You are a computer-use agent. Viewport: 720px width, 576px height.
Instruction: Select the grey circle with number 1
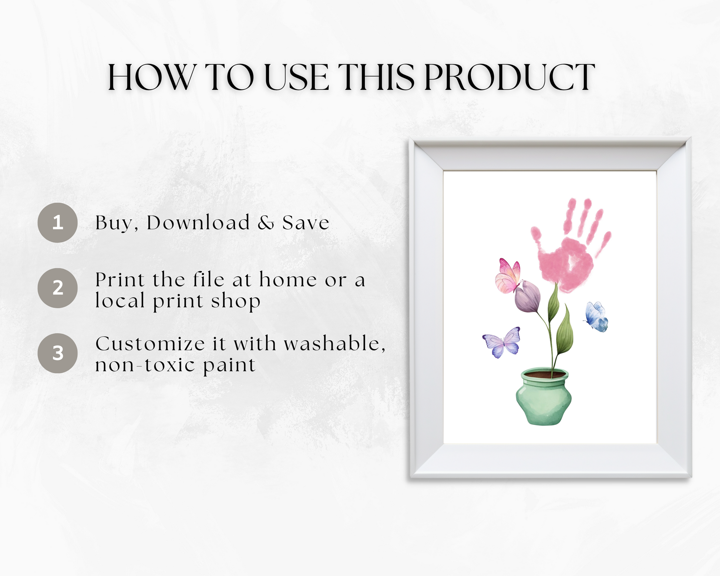[57, 223]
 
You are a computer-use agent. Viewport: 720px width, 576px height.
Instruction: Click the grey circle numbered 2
[57, 288]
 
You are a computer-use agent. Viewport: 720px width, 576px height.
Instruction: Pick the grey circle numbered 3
[57, 353]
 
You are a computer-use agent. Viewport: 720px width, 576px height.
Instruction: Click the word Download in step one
[198, 223]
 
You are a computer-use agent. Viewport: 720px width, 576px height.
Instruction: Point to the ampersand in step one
[266, 223]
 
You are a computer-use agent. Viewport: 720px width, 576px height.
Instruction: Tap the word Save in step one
[306, 223]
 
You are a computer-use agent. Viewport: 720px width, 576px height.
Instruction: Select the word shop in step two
[236, 301]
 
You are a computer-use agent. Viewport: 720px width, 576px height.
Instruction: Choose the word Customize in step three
[150, 344]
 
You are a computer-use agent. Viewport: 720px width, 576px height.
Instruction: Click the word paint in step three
[229, 365]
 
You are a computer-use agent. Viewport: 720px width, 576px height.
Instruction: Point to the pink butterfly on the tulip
[508, 276]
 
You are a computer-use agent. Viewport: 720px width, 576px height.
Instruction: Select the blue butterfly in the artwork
[596, 317]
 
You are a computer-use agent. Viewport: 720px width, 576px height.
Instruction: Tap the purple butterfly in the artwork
[502, 342]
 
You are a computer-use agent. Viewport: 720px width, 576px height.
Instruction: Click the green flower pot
[544, 397]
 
